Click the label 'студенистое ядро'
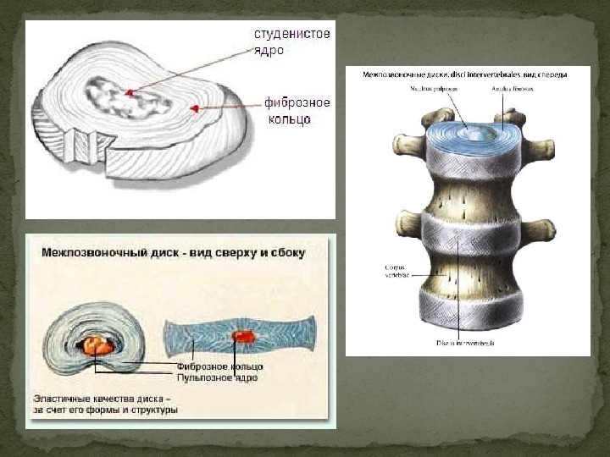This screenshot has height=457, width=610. (291, 41)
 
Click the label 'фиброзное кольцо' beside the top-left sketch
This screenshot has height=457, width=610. (297, 111)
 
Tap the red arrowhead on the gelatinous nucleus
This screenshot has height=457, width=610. (129, 91)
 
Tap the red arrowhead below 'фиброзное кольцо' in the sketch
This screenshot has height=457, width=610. (194, 108)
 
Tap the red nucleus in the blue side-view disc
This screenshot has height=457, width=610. (244, 336)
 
